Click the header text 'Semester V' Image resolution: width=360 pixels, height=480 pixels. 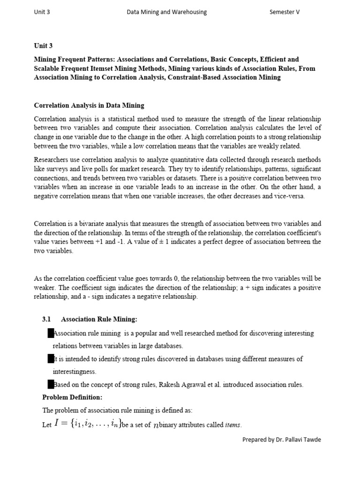coord(285,12)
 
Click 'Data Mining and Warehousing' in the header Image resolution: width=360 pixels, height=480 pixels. coord(167,12)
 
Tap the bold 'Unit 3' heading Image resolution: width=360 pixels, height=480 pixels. coord(43,45)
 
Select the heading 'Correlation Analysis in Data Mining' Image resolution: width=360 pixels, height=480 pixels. coord(89,105)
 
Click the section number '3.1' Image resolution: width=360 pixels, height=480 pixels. coord(46,319)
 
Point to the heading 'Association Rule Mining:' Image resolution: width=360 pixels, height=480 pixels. coord(99,319)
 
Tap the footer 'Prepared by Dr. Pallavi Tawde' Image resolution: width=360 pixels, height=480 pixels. coord(282,439)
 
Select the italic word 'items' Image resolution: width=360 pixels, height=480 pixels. coord(233,425)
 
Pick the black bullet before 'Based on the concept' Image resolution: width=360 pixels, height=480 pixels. coord(51,385)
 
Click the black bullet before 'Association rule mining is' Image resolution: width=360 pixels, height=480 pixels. coord(51,333)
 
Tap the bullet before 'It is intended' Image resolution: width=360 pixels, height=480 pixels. coord(51,359)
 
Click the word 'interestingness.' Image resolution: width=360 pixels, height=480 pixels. coord(75,372)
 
